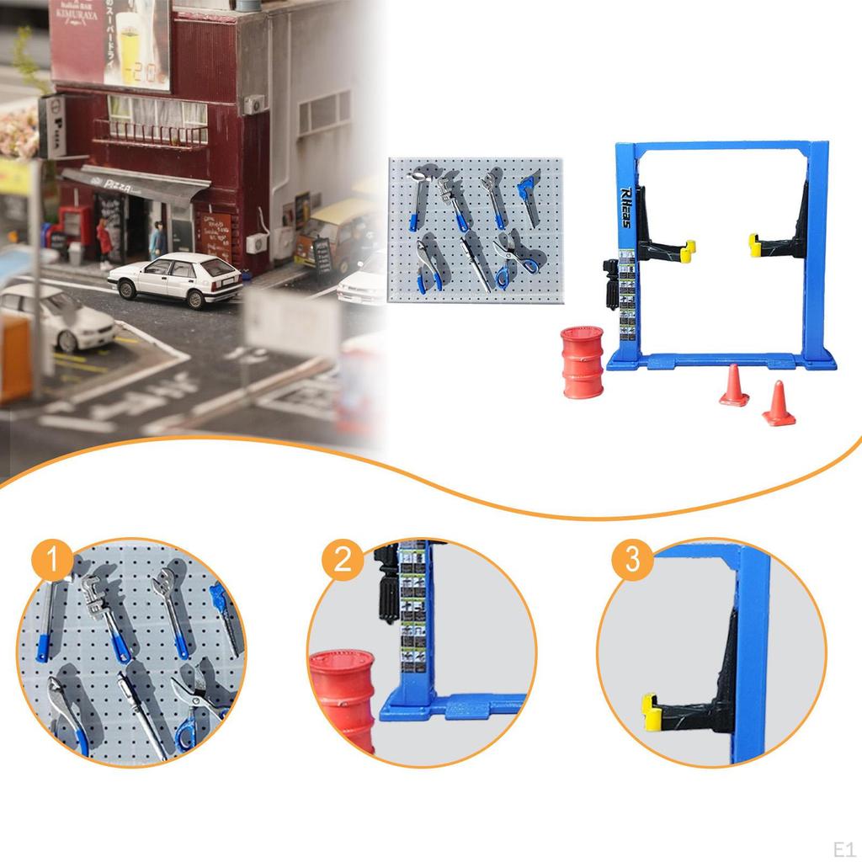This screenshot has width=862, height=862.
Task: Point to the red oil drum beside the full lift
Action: [583, 362]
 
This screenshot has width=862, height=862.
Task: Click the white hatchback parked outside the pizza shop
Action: [176, 279]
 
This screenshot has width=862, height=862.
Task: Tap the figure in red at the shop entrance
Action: [104, 242]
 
